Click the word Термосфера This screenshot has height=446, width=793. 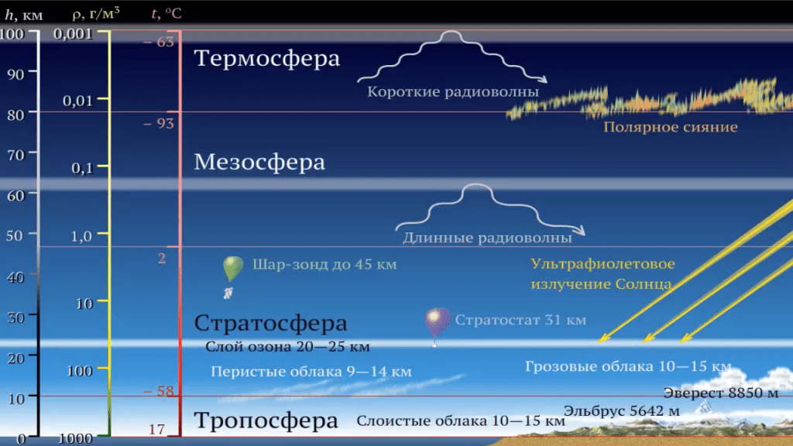pyautogui.click(x=267, y=57)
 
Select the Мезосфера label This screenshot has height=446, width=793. pyautogui.click(x=259, y=162)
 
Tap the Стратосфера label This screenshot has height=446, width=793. pyautogui.click(x=270, y=323)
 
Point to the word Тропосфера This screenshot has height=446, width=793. pyautogui.click(x=266, y=420)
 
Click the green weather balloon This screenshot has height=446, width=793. pyautogui.click(x=232, y=268)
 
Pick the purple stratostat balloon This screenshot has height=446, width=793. pyautogui.click(x=437, y=323)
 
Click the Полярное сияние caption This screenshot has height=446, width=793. pyautogui.click(x=670, y=127)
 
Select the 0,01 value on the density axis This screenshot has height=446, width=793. pyautogui.click(x=77, y=101)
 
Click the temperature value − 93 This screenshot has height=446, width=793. pyautogui.click(x=159, y=123)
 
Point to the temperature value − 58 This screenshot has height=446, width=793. pyautogui.click(x=159, y=391)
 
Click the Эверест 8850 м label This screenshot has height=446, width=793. pyautogui.click(x=721, y=393)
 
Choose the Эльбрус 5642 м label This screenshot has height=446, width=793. pyautogui.click(x=622, y=410)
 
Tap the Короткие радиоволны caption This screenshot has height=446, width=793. pyautogui.click(x=452, y=92)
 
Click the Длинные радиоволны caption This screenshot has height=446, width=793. pyautogui.click(x=487, y=238)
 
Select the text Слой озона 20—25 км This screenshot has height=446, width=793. pyautogui.click(x=287, y=347)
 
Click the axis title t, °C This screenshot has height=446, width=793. pyautogui.click(x=166, y=13)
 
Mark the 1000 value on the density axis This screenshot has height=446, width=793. pyautogui.click(x=75, y=438)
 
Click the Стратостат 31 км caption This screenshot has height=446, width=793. pyautogui.click(x=520, y=320)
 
